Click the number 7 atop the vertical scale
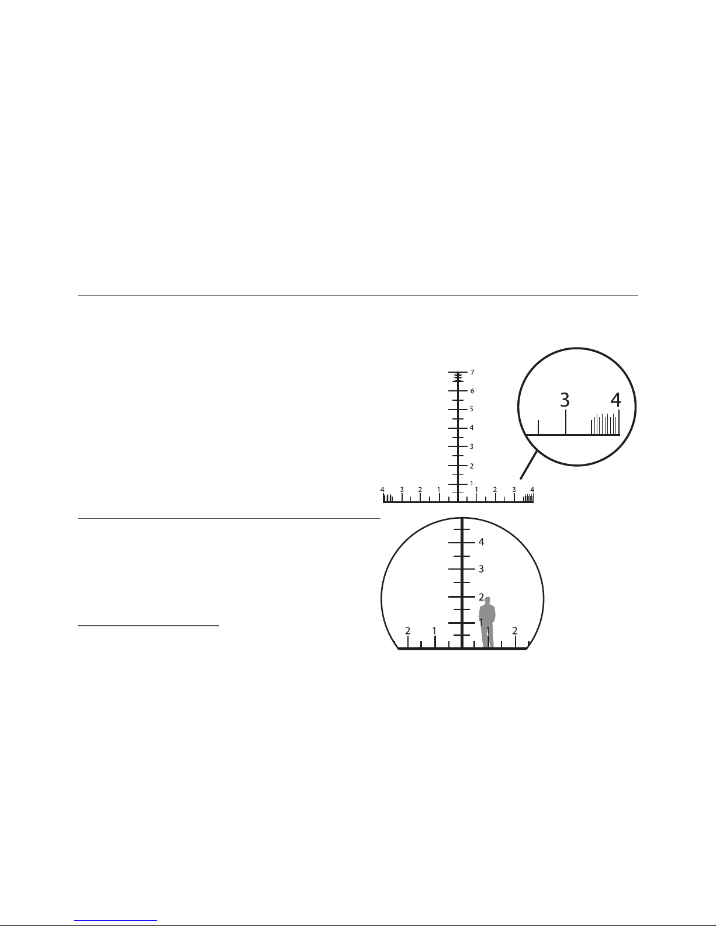[x=472, y=373]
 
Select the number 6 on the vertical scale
[x=472, y=391]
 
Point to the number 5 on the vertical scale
[x=471, y=409]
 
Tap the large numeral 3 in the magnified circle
[x=564, y=400]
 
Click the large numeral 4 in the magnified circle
[x=616, y=400]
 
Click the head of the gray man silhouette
[x=487, y=600]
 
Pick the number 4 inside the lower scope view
[x=481, y=542]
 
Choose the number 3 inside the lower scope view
[x=481, y=569]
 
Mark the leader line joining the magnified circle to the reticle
[x=528, y=466]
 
